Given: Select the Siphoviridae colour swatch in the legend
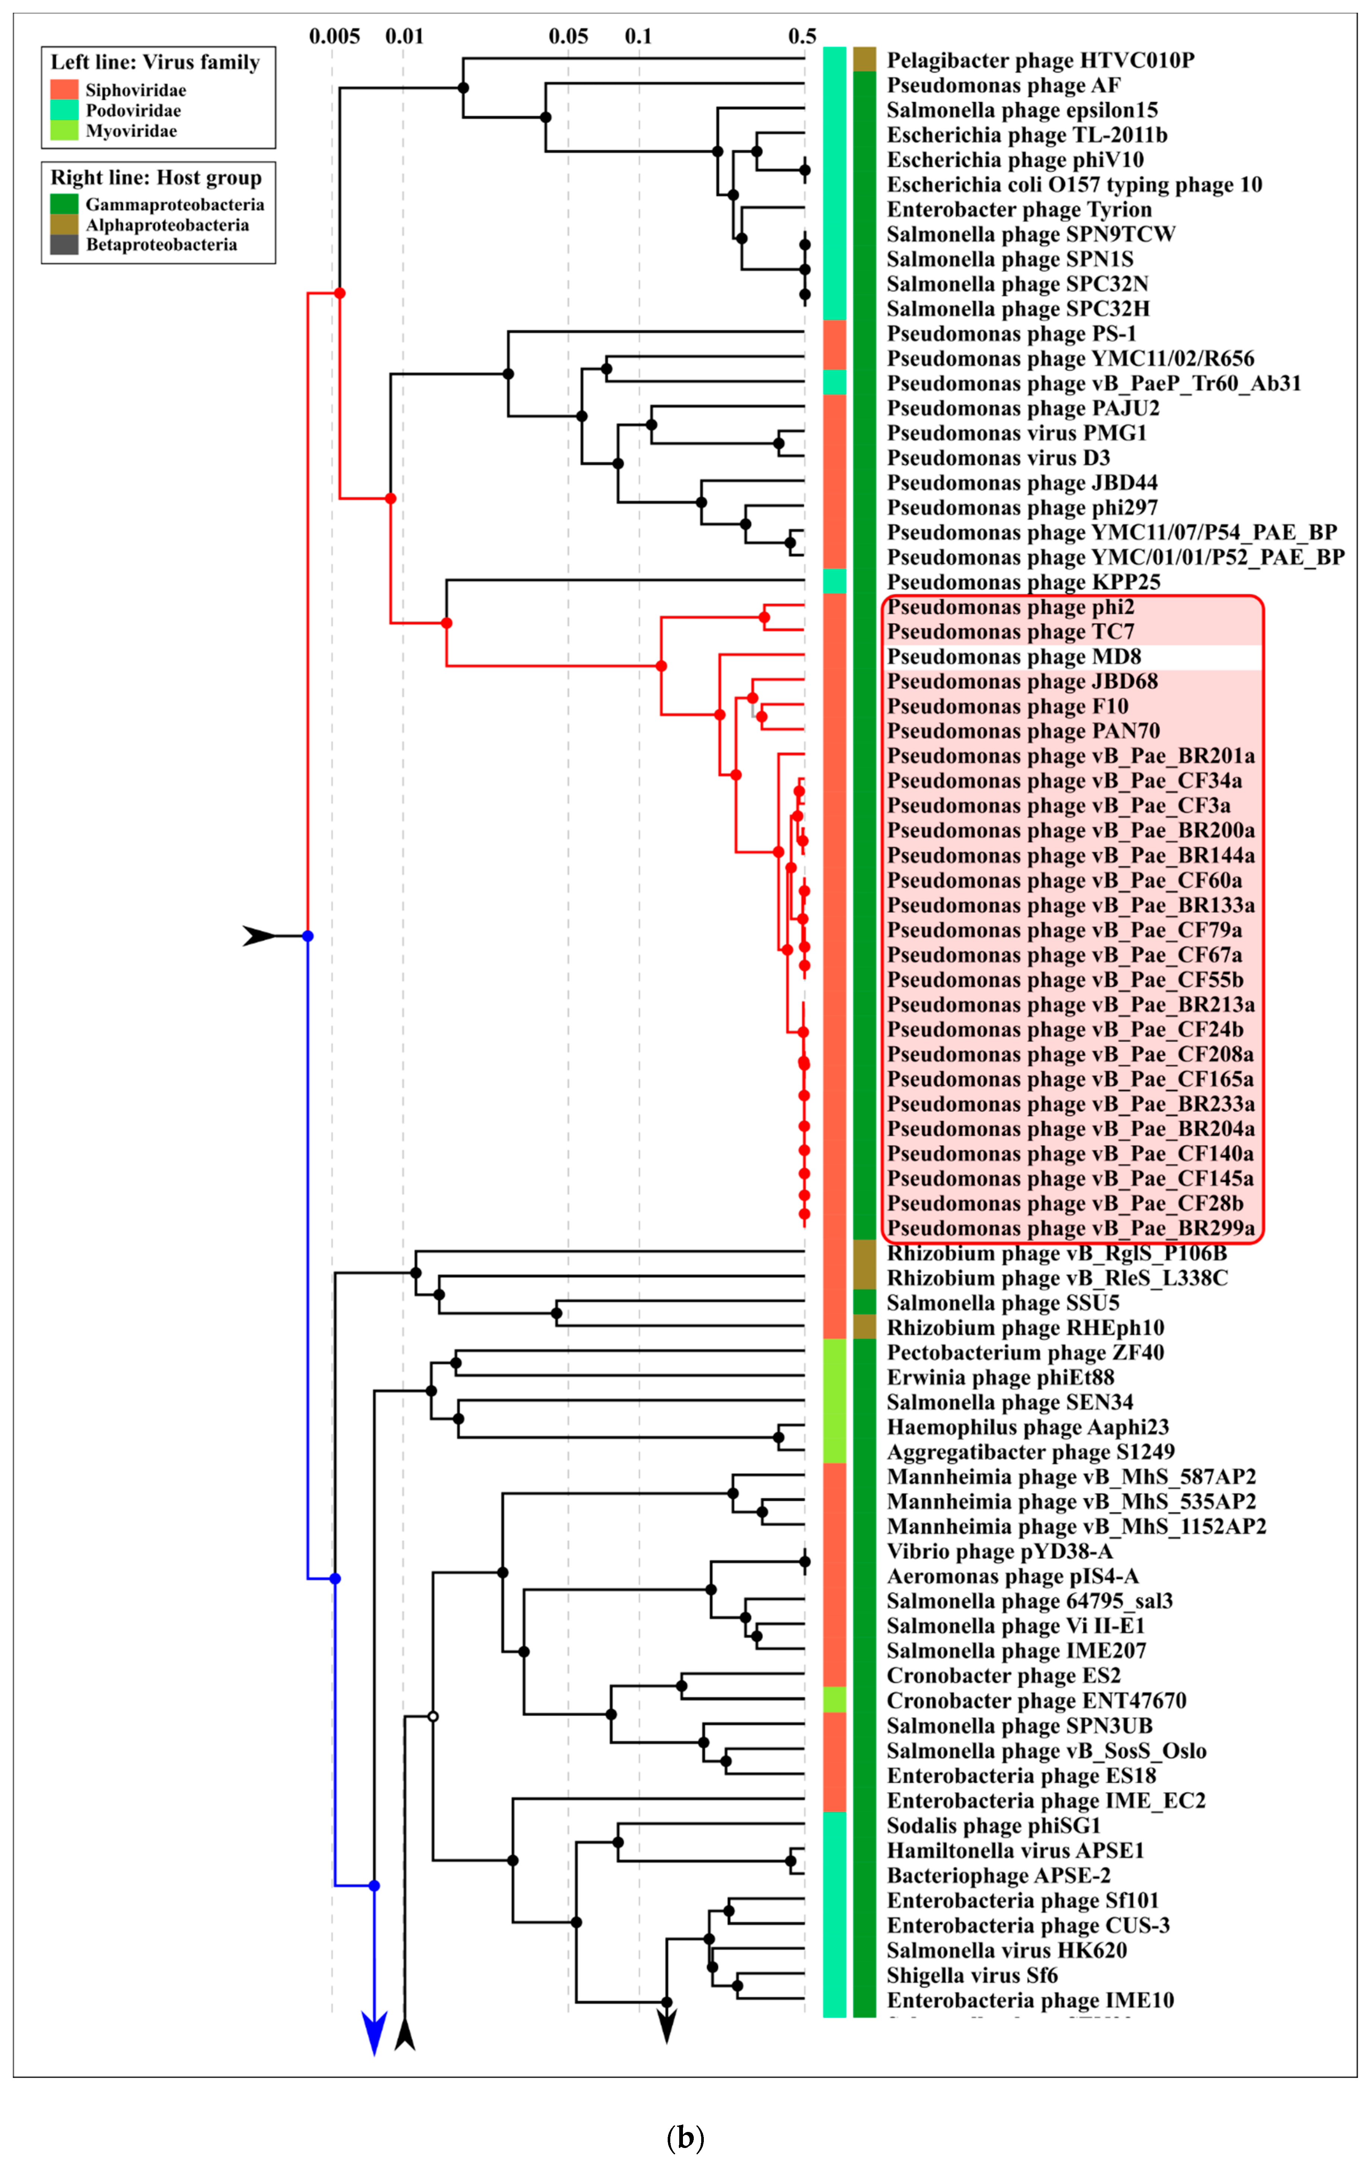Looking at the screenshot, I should [64, 90].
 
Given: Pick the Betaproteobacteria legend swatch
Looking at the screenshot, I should [64, 244].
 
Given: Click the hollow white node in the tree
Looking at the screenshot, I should [433, 1717].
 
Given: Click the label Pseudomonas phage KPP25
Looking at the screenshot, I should [1023, 582].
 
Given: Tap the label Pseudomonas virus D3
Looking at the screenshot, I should [998, 458].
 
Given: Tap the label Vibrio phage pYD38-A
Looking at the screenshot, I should [1000, 1552].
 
